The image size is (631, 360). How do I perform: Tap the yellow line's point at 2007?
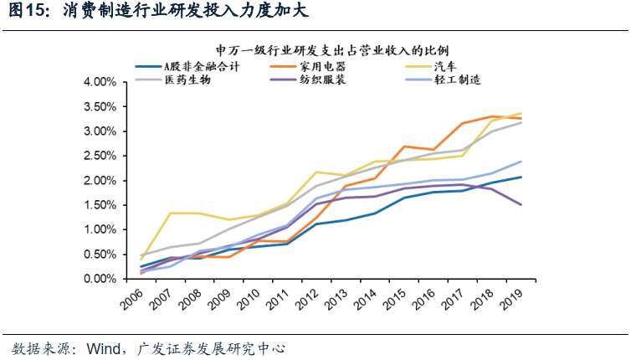click(x=171, y=213)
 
